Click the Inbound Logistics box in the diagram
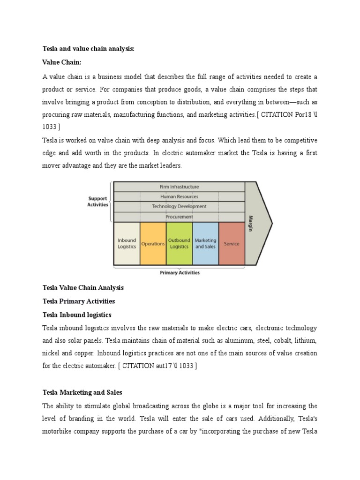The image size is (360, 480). coord(127,244)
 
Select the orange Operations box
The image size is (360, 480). coord(153,244)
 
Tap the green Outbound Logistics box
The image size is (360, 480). coord(179,244)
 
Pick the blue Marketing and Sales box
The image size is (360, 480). coord(205,244)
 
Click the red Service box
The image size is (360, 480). coord(232,244)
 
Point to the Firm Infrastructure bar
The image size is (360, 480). coord(179,187)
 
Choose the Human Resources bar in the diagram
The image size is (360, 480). coord(179,197)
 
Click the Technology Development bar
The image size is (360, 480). coord(179,207)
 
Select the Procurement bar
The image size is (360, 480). coord(179,217)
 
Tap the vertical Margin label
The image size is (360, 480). coord(250,223)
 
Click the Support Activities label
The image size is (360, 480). coord(97,202)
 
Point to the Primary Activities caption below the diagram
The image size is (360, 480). coord(180,273)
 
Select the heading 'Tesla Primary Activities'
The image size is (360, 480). coord(78,301)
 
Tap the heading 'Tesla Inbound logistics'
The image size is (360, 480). coord(77,315)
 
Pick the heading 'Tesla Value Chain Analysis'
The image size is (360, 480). coord(83,287)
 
